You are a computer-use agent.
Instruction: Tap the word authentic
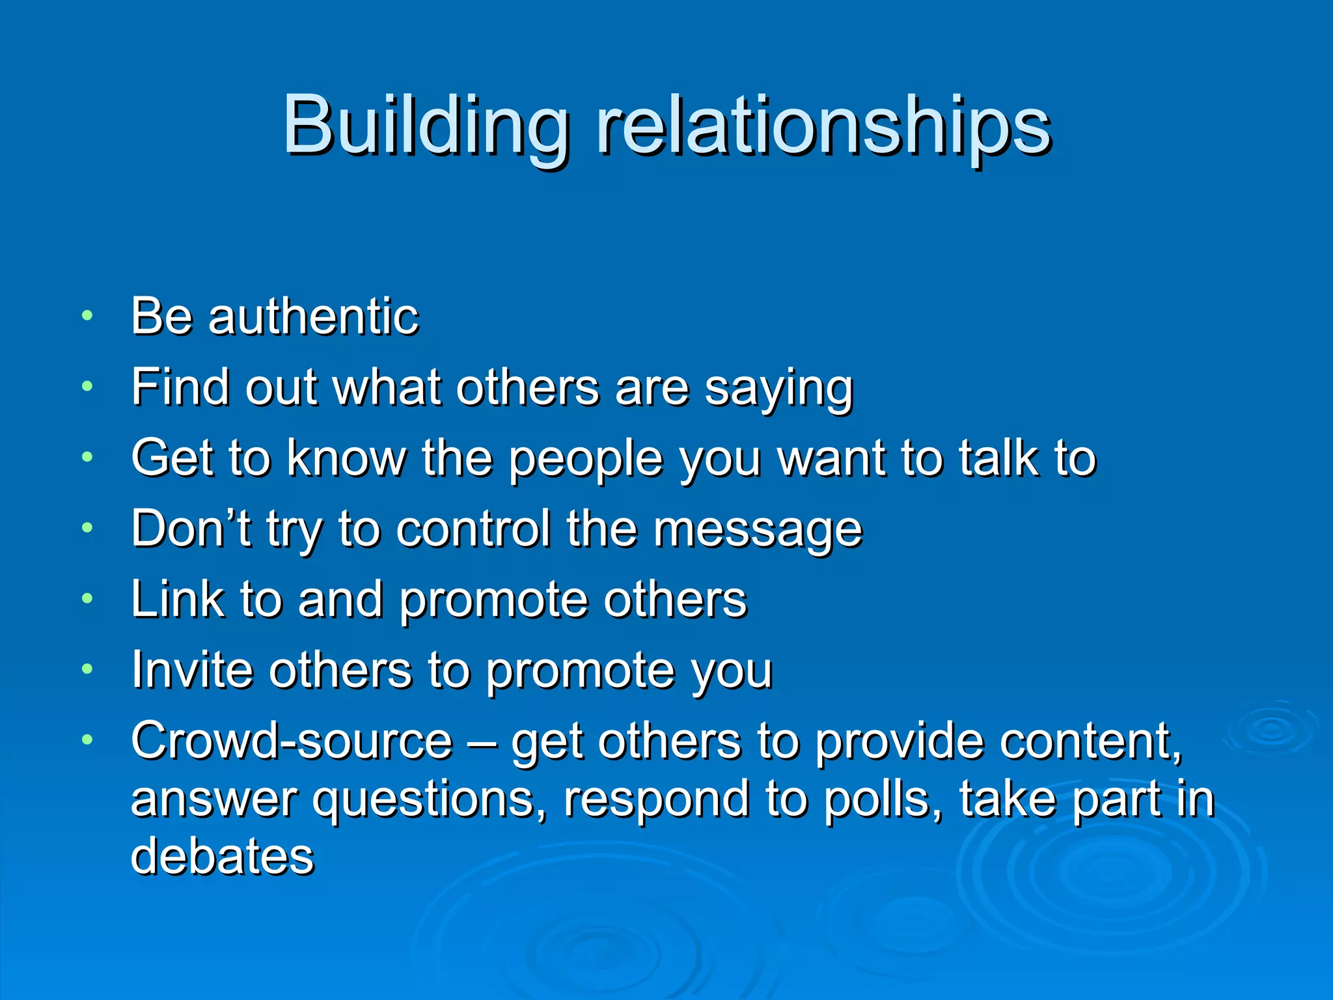click(313, 316)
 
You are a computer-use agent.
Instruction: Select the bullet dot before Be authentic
click(87, 316)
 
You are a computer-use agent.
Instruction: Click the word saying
click(778, 389)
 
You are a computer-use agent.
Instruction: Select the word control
click(473, 528)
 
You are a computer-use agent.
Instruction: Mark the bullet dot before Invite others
click(87, 669)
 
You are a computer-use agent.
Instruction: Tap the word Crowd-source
click(292, 741)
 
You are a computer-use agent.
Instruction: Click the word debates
click(223, 855)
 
